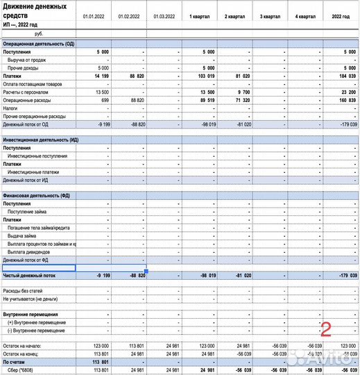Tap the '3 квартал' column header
pyautogui.click(x=269, y=16)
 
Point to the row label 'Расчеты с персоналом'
pyautogui.click(x=27, y=91)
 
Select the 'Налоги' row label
pyautogui.click(x=10, y=108)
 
